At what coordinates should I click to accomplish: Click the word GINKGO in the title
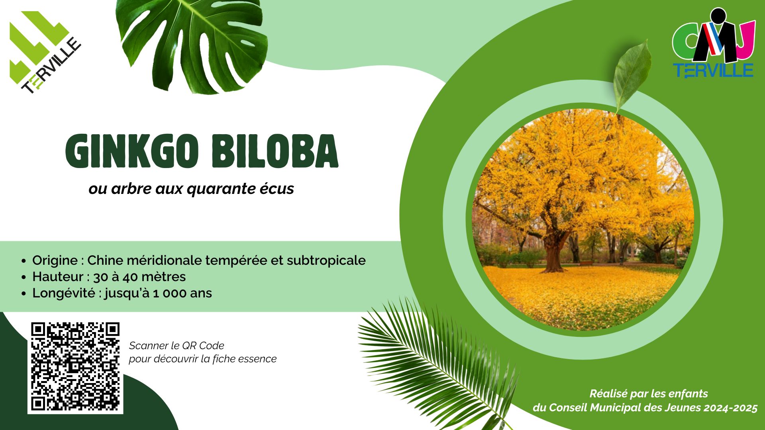pyautogui.click(x=132, y=152)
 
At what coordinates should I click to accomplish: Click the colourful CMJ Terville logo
pyautogui.click(x=713, y=43)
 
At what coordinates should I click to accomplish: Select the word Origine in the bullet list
pyautogui.click(x=55, y=261)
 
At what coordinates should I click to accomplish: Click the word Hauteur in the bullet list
pyautogui.click(x=58, y=277)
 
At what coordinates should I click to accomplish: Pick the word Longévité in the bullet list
pyautogui.click(x=64, y=293)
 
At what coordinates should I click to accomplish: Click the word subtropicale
pyautogui.click(x=326, y=261)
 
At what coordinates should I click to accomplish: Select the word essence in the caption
pyautogui.click(x=258, y=359)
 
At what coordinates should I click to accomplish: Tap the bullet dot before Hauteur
pyautogui.click(x=24, y=278)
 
